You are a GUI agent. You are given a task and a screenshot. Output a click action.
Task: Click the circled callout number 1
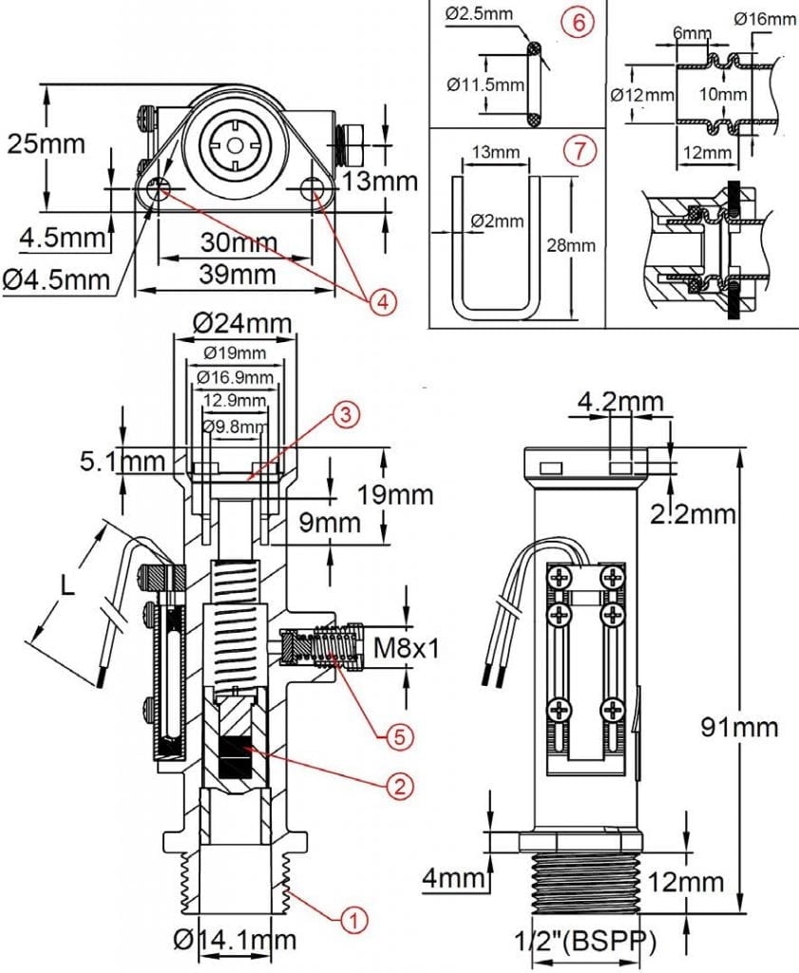(352, 919)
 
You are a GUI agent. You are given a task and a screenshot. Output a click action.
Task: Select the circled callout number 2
(400, 785)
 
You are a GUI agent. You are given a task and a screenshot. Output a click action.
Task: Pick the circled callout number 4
(379, 302)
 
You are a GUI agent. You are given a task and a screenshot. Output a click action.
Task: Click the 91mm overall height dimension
(739, 727)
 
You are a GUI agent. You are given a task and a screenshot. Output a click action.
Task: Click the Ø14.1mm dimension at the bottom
(235, 941)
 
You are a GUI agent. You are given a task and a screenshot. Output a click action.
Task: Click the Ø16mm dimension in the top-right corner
(766, 19)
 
